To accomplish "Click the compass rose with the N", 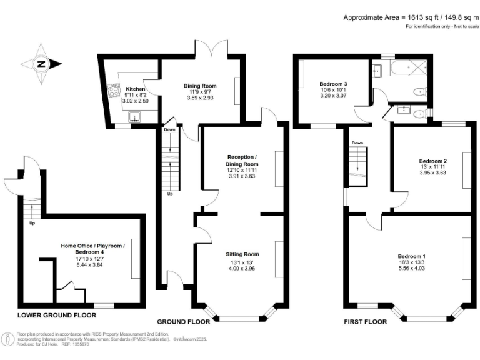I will [x=40, y=63].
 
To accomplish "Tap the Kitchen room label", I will [x=136, y=89].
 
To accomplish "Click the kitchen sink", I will [x=134, y=116].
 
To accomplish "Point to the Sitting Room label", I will [x=242, y=254].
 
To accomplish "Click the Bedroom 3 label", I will [x=333, y=84].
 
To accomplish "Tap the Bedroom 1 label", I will [x=411, y=256].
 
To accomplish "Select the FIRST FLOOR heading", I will [x=366, y=322].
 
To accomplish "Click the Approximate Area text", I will [x=409, y=17].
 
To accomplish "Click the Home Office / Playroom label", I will [x=92, y=246].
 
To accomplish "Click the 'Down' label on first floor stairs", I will [x=357, y=142].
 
